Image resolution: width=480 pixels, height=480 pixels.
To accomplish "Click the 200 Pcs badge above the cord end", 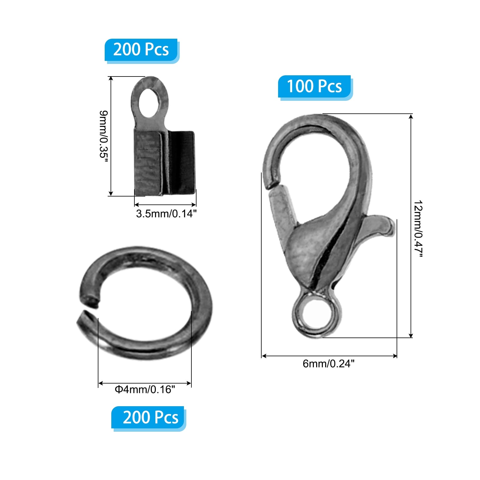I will point(141,49).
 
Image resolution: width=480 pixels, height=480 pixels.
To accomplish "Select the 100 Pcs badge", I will point(314,86).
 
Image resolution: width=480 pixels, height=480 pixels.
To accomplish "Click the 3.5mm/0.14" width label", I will point(166,214).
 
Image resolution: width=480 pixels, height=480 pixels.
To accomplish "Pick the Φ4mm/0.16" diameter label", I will point(145,389).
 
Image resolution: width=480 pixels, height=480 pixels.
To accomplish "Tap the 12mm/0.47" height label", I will point(418,229).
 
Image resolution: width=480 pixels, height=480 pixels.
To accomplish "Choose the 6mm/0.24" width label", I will point(328,364).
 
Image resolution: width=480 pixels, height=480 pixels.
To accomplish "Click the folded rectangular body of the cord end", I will point(164,163).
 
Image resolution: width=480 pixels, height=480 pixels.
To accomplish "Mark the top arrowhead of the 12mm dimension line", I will point(411,116).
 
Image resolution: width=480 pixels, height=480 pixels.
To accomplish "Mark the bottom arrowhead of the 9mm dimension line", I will point(111,193).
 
